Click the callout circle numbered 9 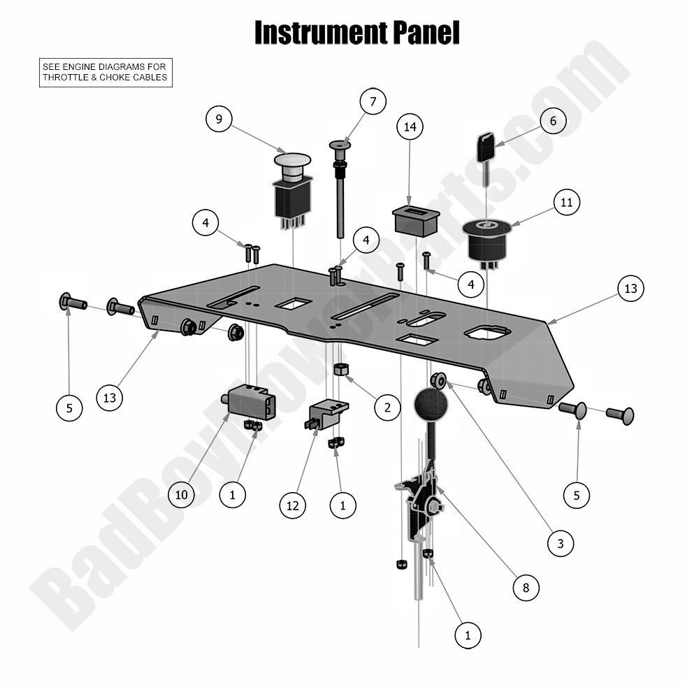219,120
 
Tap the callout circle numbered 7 373,102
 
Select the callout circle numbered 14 410,127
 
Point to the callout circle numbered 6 553,121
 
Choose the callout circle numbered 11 567,203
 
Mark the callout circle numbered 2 387,407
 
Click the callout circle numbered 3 561,542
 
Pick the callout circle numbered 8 526,588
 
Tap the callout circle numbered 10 181,495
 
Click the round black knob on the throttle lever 431,405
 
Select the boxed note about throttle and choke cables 105,72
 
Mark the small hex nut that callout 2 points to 342,368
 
